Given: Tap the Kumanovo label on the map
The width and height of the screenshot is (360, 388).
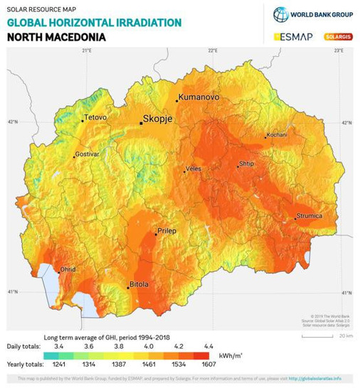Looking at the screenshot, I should tap(198, 97).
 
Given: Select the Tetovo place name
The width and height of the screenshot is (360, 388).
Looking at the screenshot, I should tap(95, 117).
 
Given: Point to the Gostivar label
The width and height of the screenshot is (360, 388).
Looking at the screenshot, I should tap(88, 153).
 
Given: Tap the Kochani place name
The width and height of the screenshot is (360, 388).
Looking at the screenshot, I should tap(277, 134).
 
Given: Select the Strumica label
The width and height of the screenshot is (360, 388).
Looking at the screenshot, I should tap(309, 215).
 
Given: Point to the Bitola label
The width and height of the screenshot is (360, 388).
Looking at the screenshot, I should tap(139, 284).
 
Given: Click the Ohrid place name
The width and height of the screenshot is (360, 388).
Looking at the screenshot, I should tap(67, 269).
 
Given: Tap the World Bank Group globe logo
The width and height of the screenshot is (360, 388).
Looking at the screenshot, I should tap(281, 14).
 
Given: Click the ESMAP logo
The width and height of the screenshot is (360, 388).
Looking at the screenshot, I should tap(293, 36).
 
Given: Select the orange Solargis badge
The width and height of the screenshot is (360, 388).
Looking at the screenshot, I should tap(339, 36).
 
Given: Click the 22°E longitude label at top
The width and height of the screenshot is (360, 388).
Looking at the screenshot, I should tap(212, 50).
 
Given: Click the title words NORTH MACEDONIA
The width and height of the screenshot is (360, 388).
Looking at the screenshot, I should tap(56, 36).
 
